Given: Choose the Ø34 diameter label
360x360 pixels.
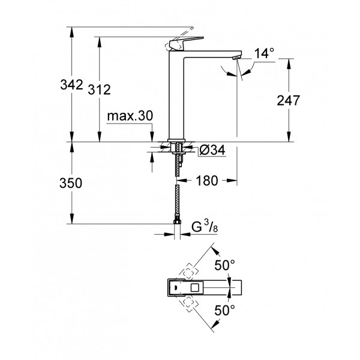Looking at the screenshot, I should (212, 150).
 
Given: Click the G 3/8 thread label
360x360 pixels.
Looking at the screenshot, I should (203, 227).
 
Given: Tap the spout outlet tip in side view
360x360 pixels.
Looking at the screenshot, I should (236, 58).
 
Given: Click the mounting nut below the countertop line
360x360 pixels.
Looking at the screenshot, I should (177, 148).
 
